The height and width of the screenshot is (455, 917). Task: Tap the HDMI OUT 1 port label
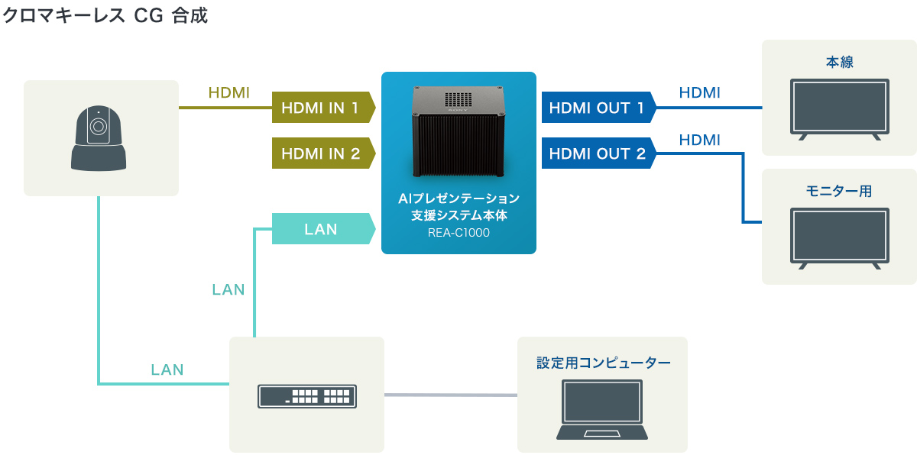[597, 108]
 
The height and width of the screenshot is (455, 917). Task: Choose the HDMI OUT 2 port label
[597, 153]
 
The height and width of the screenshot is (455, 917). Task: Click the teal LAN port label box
[321, 229]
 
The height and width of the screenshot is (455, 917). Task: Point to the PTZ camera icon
[99, 137]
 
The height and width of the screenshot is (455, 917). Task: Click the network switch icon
[306, 395]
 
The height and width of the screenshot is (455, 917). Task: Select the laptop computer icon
[602, 410]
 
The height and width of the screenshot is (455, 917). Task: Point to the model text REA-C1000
[458, 233]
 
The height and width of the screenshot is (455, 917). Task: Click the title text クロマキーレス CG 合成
[105, 16]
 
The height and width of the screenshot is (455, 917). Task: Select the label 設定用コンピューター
[603, 363]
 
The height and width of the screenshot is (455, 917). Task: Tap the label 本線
[839, 62]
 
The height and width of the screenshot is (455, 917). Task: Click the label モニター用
[839, 191]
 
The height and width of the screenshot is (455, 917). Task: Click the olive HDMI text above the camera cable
[228, 93]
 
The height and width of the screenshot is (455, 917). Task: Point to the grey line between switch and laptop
[451, 395]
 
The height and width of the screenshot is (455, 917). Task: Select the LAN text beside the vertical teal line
[228, 289]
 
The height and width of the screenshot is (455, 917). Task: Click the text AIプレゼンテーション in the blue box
[458, 199]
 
